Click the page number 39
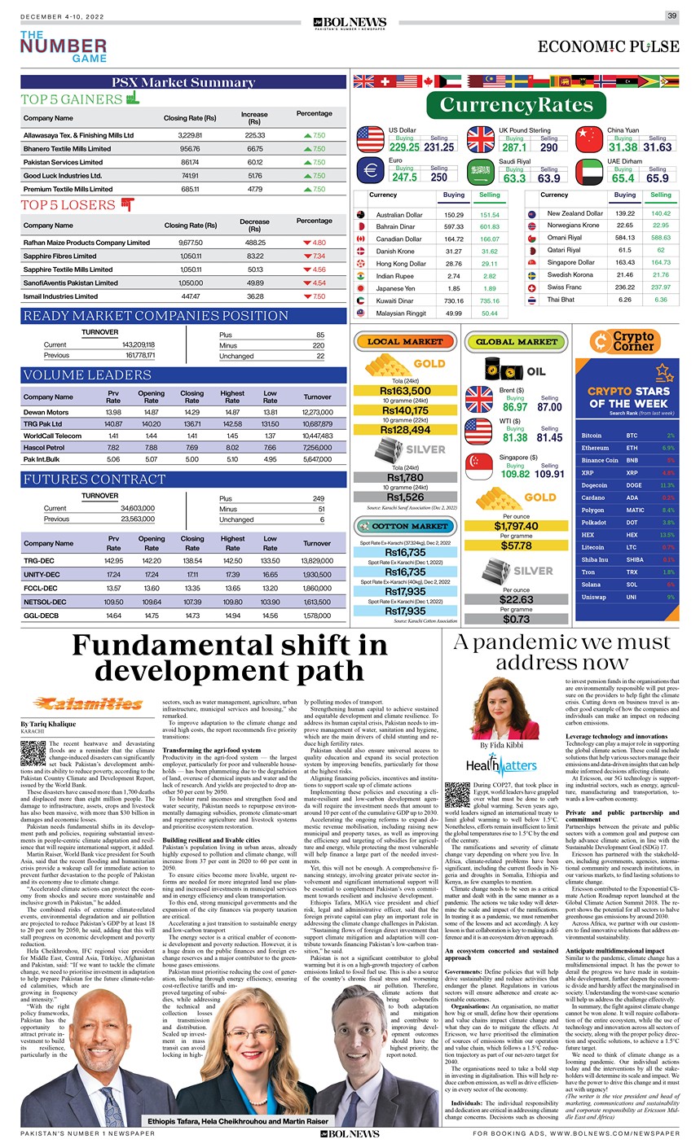coord(671,16)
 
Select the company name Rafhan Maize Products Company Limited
coord(86,243)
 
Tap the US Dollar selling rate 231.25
coord(438,147)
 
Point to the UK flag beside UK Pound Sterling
coord(481,140)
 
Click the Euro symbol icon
coord(370,171)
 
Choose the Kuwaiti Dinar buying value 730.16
coord(453,301)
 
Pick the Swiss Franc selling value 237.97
coord(660,287)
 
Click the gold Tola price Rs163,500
coord(405,391)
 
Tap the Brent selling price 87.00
coord(549,407)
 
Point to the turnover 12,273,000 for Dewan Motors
coord(317,413)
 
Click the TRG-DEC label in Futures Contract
coord(39,561)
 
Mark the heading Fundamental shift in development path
coord(229,658)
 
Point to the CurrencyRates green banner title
coord(516,105)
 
